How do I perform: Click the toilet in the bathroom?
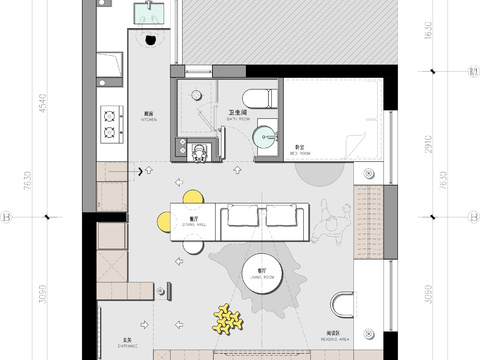click(x=259, y=98)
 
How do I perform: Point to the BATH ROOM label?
click(x=238, y=113)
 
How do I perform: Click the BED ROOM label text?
click(x=298, y=152)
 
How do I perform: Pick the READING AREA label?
click(x=336, y=336)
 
